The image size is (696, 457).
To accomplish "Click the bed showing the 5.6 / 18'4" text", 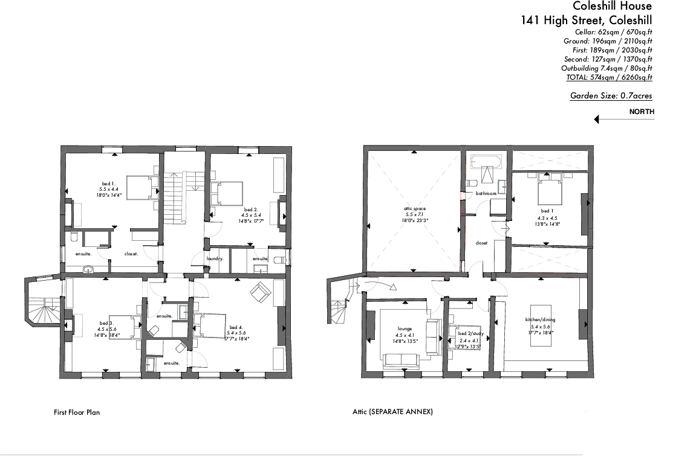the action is coord(125,328).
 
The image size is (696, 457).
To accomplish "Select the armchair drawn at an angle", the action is coord(261,292).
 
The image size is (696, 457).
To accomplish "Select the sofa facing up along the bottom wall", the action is coord(401,360).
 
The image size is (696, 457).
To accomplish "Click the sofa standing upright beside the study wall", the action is coord(433,337).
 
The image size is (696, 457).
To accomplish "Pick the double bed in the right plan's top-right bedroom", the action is coord(549,189).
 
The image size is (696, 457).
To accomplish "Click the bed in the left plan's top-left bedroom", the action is coord(143,188).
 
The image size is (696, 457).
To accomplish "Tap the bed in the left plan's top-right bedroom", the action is coord(226,194).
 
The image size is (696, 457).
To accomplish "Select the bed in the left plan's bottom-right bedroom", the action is coord(209,326).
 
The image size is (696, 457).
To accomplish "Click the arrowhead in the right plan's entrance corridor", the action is coord(393,287).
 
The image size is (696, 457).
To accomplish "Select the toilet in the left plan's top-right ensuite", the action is coord(280,260).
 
